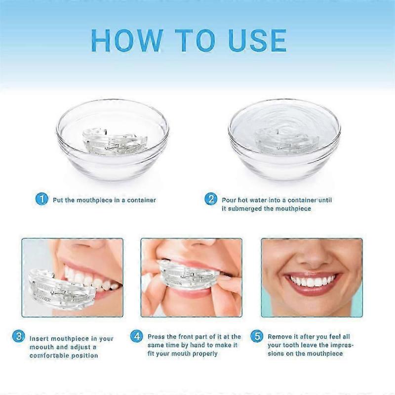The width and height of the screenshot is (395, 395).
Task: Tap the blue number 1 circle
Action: click(42, 199)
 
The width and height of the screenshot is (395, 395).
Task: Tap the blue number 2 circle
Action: click(211, 199)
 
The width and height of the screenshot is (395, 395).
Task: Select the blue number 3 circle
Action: click(18, 337)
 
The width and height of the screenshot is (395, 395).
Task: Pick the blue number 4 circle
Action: click(137, 337)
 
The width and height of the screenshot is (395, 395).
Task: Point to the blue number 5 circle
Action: click(256, 337)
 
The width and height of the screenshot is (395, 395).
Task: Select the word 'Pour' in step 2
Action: click(229, 200)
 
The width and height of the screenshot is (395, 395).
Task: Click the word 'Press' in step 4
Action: click(157, 337)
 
